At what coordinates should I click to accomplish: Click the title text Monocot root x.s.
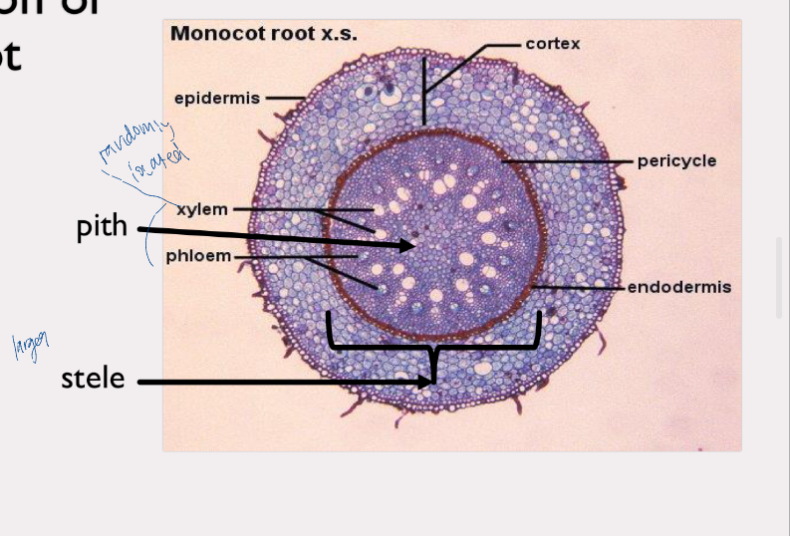coord(264,33)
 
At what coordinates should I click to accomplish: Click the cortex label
coord(553,44)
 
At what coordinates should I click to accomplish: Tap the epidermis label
coord(216,98)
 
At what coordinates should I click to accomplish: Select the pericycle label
coord(676,161)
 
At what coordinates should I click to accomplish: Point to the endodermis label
coord(679,287)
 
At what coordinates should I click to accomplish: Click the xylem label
coord(202,209)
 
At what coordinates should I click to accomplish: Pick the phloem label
coord(198,256)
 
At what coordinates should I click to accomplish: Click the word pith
coord(102,227)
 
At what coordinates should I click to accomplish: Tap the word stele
coord(93,379)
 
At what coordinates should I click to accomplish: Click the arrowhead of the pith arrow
coord(408,245)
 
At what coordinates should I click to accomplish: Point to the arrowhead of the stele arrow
coord(429,381)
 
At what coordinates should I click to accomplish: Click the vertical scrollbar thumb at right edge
coord(782,277)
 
